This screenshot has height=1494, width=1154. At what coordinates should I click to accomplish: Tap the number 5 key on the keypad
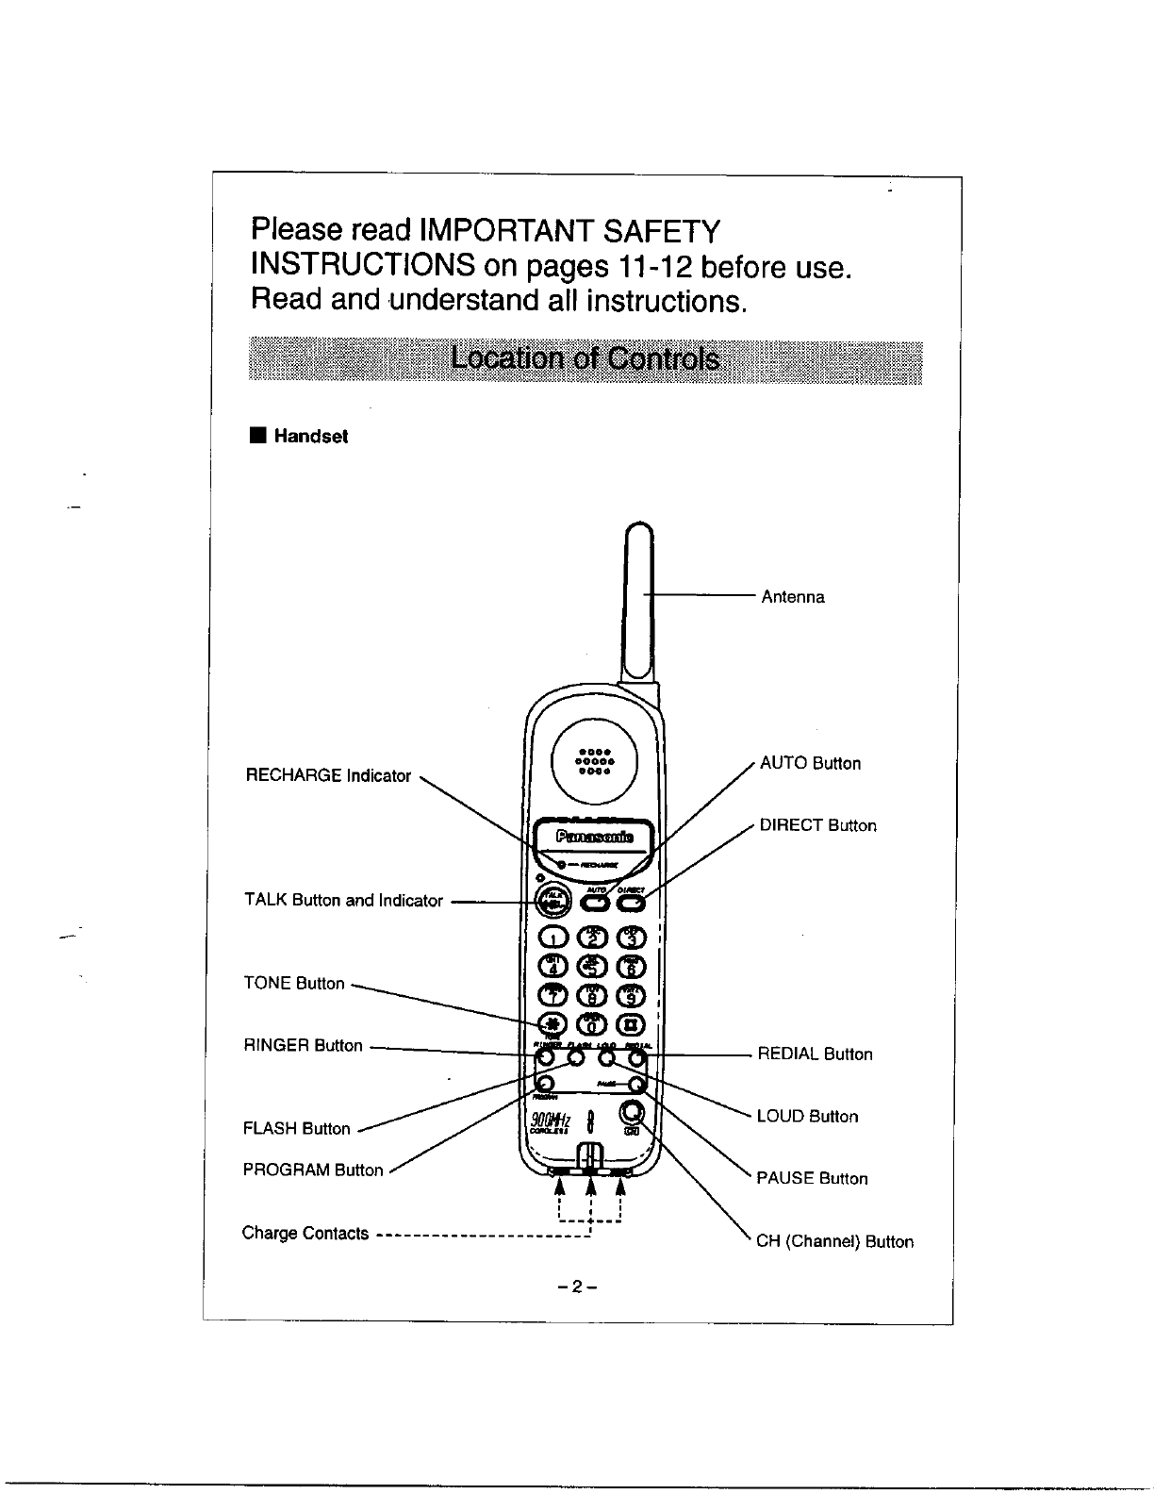click(x=591, y=965)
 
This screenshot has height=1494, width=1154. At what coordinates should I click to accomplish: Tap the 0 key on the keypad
click(x=591, y=1025)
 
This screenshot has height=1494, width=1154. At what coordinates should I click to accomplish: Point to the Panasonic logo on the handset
click(x=594, y=837)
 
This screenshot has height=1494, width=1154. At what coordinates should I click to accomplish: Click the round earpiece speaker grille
click(x=595, y=758)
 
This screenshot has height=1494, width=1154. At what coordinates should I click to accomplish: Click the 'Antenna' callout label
click(x=793, y=597)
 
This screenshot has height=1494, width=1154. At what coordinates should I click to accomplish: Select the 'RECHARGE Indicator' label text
click(x=328, y=776)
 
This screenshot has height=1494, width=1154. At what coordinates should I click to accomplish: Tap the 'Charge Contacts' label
click(x=305, y=1234)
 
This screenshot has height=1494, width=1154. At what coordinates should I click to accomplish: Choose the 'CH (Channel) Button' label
click(x=835, y=1242)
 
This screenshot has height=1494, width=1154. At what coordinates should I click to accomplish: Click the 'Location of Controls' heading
click(x=585, y=360)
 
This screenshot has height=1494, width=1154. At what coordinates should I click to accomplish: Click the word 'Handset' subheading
click(x=310, y=437)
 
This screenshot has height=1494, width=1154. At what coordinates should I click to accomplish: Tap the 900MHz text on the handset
click(x=551, y=1120)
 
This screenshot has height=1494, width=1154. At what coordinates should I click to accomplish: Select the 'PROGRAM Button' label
click(x=313, y=1170)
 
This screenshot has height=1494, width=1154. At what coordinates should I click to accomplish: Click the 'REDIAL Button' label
click(x=816, y=1054)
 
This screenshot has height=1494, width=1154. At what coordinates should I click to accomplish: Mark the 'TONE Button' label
click(x=294, y=984)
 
